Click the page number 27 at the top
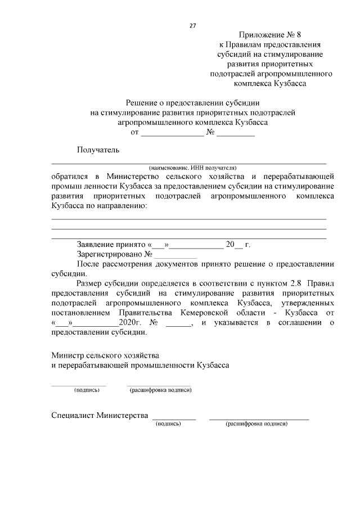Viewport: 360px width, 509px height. (192, 25)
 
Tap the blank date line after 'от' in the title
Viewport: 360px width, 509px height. (172, 133)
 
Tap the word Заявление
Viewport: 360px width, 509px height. (99, 245)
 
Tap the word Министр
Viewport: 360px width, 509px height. (67, 355)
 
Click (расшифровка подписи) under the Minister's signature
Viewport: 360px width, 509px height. (160, 390)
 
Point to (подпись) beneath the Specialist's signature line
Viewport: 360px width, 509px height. (168, 424)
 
